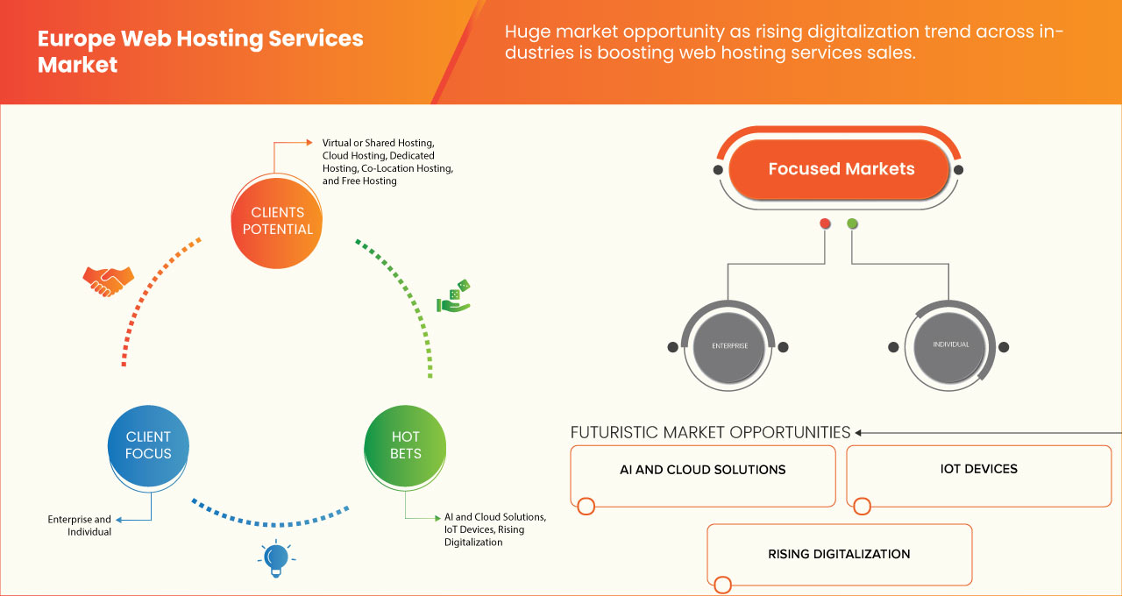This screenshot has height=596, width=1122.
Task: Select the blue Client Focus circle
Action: click(x=148, y=444)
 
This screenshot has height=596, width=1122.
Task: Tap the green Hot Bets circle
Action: click(x=405, y=444)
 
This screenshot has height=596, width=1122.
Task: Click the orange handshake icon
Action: click(x=108, y=280)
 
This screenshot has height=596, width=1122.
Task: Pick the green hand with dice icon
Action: click(x=454, y=296)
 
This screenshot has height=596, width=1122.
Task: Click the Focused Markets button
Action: click(x=841, y=169)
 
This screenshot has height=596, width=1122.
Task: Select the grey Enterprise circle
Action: click(x=728, y=346)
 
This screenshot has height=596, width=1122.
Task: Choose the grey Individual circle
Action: click(x=951, y=345)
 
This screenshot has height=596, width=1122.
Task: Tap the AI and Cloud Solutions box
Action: click(x=702, y=475)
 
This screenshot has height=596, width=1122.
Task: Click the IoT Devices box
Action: click(x=978, y=475)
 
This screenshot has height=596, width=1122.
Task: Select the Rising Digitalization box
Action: click(x=839, y=554)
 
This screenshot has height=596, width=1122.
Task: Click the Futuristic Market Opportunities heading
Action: click(x=710, y=432)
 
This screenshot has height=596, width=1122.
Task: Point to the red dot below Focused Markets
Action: click(x=825, y=223)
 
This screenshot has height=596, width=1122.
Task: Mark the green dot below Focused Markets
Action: click(x=852, y=223)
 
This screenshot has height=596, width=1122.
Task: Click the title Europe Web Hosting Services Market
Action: click(x=200, y=52)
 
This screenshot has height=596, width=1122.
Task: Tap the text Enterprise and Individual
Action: click(x=80, y=526)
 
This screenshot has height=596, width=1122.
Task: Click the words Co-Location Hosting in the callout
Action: click(x=406, y=167)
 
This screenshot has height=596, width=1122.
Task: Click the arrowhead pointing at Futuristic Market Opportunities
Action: click(x=859, y=432)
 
